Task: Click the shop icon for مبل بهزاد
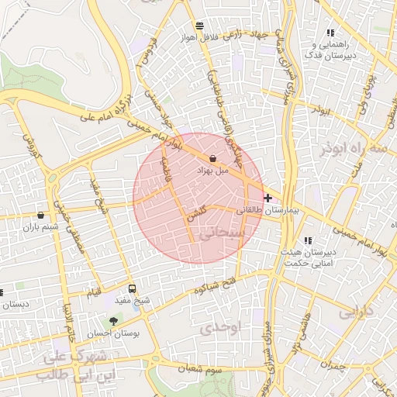[x=212, y=158]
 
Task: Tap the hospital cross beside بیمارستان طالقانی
[x=268, y=198]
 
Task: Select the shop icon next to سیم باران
[x=40, y=215]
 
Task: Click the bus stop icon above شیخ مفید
[x=132, y=288]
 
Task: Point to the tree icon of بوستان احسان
[x=114, y=319]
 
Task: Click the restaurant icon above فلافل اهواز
[x=200, y=25]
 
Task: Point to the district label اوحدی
[x=221, y=328]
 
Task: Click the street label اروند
[x=321, y=110]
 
